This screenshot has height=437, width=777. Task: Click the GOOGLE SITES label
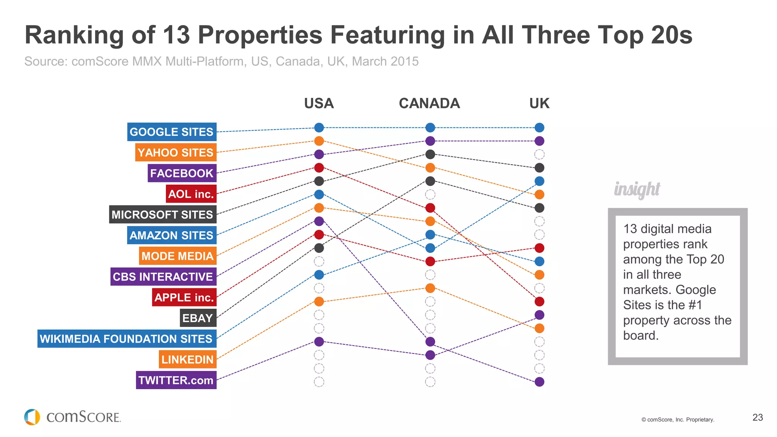(171, 132)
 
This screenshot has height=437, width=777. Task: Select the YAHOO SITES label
(176, 152)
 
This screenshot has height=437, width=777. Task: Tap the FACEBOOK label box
(182, 173)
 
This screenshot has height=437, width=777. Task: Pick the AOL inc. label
(191, 194)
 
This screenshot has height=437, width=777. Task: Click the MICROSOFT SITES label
(162, 215)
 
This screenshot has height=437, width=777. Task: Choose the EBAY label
(198, 318)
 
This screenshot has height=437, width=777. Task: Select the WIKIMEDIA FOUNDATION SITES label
(126, 339)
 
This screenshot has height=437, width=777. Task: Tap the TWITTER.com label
(176, 380)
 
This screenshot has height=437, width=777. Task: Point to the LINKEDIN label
(187, 359)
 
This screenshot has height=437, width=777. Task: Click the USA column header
(319, 104)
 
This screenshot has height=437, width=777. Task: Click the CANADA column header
(429, 104)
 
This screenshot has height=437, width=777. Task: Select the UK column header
(539, 104)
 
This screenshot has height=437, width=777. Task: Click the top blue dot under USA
(319, 128)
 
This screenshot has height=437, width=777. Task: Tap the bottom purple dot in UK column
(539, 382)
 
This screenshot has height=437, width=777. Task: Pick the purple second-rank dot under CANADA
(430, 141)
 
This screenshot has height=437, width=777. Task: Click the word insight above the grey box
(637, 189)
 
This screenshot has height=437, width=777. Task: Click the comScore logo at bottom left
(72, 417)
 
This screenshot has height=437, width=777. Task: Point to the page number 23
(757, 418)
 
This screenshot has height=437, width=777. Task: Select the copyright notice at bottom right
(678, 420)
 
